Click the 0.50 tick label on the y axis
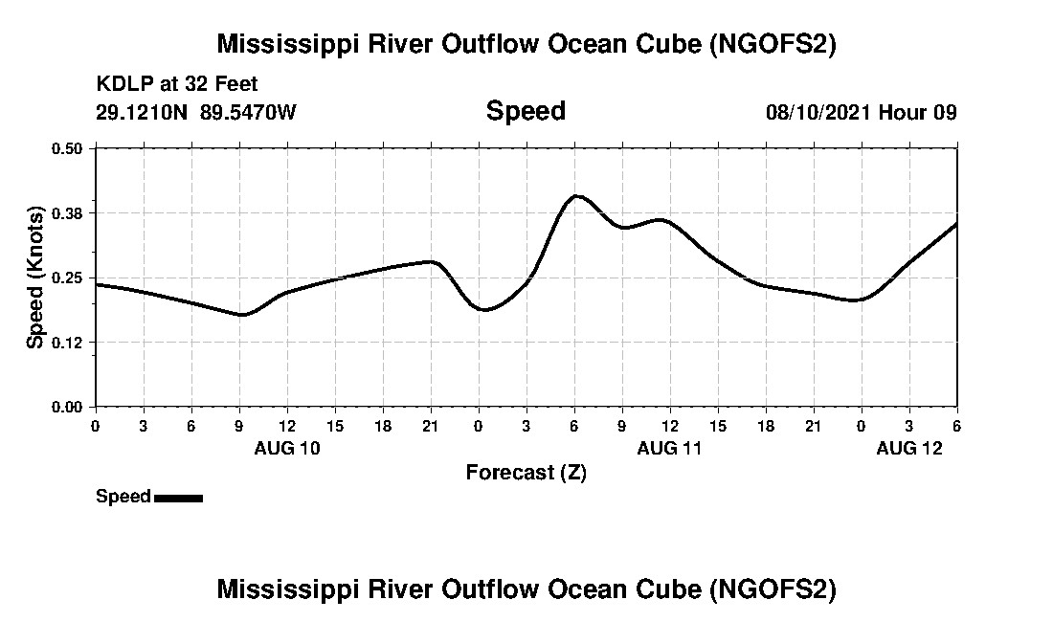coord(67,148)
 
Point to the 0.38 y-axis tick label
coord(67,212)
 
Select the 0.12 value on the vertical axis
coord(67,343)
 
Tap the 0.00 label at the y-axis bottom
coord(67,407)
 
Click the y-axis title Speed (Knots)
coord(35,278)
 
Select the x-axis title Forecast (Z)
coord(526,472)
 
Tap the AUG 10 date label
coord(287,448)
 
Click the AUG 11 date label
coord(670,448)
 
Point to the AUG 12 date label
coord(909,448)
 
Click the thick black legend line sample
coord(178,498)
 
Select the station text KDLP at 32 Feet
coord(177,84)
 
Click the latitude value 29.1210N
coord(144,112)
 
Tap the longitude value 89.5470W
coord(249,112)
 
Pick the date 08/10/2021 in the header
coord(818,112)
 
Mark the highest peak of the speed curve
coord(576,196)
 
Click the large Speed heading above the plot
coord(526,111)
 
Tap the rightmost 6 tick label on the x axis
coord(957,425)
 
